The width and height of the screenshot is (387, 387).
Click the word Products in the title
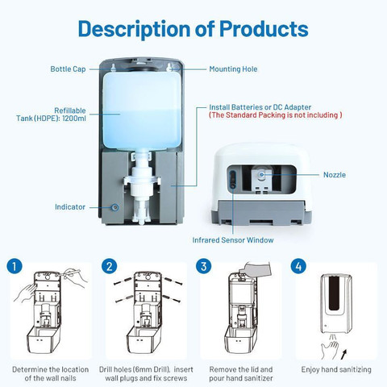click(x=264, y=28)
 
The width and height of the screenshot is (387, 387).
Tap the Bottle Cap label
click(x=68, y=69)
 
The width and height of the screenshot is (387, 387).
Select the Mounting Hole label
click(x=233, y=69)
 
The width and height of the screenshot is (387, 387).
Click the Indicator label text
click(x=70, y=207)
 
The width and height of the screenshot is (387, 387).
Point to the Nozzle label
click(x=335, y=175)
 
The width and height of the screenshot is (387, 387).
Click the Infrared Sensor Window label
click(x=233, y=240)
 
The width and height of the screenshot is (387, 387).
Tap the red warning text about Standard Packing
click(x=276, y=115)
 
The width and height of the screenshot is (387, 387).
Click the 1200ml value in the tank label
click(x=74, y=119)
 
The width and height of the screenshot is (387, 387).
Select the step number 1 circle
click(x=15, y=266)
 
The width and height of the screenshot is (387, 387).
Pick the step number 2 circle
click(x=110, y=266)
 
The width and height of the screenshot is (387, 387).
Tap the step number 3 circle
click(x=204, y=266)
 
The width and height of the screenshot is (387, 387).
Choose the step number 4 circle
click(x=298, y=266)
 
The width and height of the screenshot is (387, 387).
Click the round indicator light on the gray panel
click(x=115, y=207)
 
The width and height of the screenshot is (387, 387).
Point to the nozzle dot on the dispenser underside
click(x=261, y=175)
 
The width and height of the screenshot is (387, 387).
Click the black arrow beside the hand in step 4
click(x=343, y=354)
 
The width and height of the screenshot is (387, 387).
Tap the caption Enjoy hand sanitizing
click(x=336, y=369)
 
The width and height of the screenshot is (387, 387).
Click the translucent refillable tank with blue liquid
click(x=142, y=110)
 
